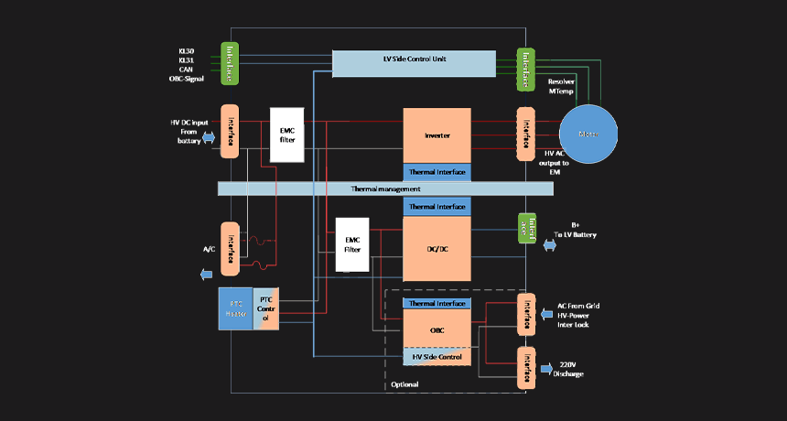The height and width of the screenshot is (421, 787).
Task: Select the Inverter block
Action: tap(437, 135)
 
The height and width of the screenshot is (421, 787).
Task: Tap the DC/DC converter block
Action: tap(437, 249)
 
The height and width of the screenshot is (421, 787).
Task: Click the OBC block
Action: tap(437, 329)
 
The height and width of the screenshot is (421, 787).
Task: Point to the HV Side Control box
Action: tap(437, 356)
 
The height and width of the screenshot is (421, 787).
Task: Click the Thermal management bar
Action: tap(385, 189)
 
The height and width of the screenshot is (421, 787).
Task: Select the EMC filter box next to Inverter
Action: tap(286, 135)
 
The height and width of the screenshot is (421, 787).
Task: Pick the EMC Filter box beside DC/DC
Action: tap(352, 244)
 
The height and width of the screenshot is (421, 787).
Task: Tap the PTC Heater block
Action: tap(236, 309)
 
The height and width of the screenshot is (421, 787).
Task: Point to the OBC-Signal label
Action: tap(186, 79)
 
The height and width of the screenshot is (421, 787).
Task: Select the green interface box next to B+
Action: tap(526, 229)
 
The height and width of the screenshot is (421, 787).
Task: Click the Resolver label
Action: tap(561, 82)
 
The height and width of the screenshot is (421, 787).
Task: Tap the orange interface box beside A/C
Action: tap(230, 248)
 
